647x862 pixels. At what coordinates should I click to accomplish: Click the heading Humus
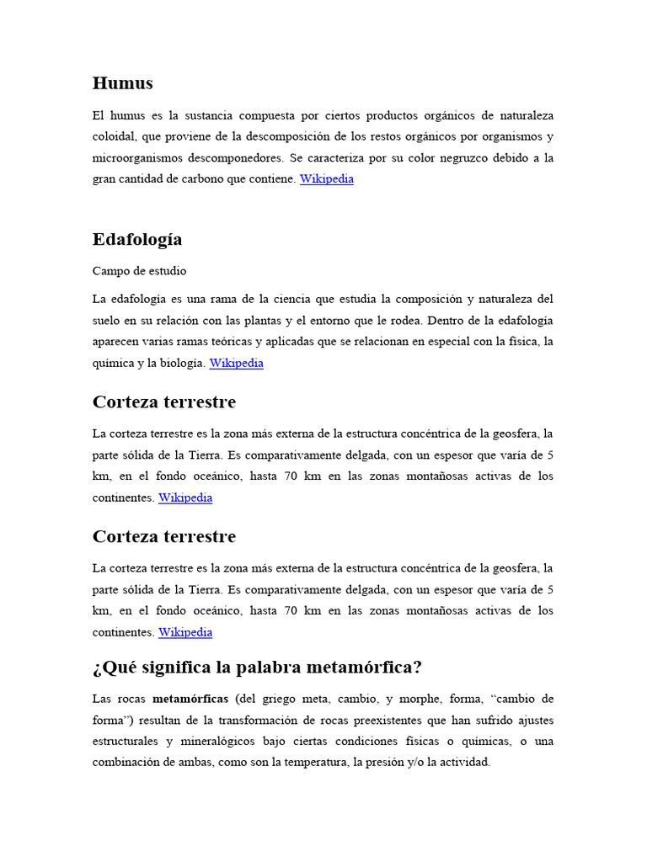122,83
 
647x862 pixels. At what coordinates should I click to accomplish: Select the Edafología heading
136,240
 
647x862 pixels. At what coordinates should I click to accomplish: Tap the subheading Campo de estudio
139,271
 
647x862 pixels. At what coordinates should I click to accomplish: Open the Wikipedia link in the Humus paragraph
327,179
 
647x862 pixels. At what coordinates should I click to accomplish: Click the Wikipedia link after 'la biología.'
236,364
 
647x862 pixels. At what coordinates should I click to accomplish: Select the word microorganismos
140,158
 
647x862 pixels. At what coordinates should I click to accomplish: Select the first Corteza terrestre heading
163,402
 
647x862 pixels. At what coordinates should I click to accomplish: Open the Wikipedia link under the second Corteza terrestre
185,632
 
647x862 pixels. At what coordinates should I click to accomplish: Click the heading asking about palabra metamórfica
257,668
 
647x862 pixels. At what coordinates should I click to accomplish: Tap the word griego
286,699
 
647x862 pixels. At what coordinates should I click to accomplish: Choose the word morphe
426,699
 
